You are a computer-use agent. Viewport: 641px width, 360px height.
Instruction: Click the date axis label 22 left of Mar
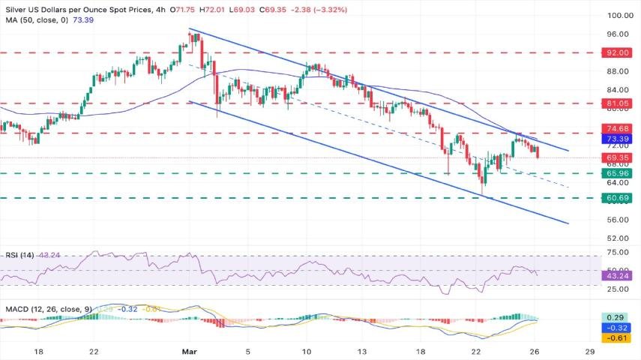click(x=93, y=350)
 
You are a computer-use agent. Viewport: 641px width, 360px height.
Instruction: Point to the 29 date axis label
click(x=590, y=350)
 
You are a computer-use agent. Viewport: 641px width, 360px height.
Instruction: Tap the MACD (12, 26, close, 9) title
click(x=48, y=308)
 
